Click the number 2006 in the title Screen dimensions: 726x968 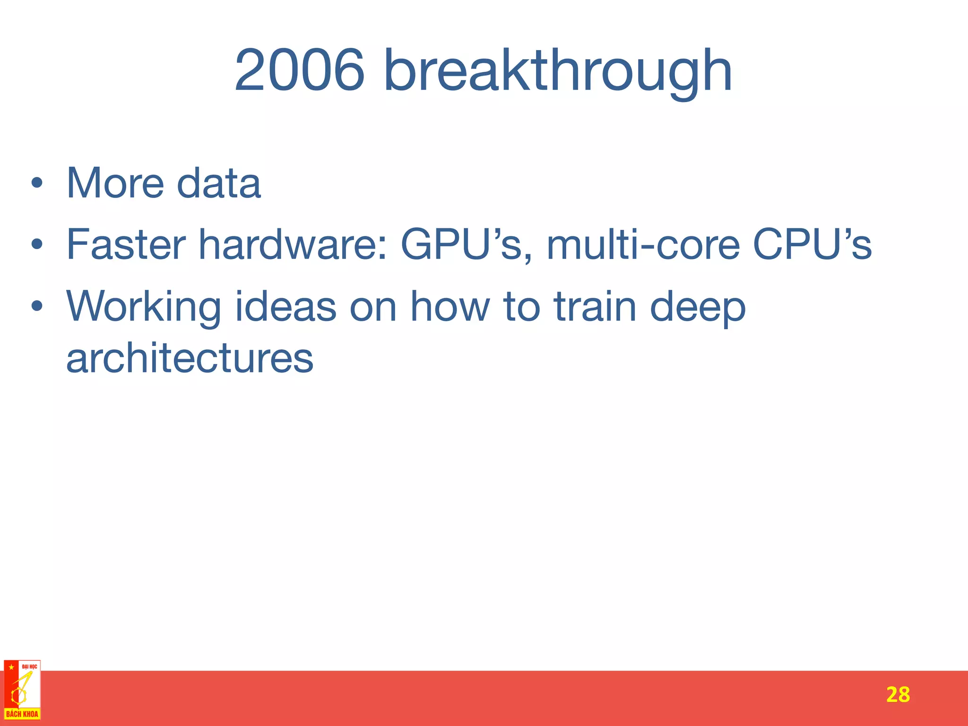tap(300, 71)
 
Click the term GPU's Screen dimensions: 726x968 tap(467, 244)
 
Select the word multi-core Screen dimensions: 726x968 tap(643, 244)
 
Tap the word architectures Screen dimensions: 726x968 tap(190, 358)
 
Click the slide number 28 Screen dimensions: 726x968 tap(898, 695)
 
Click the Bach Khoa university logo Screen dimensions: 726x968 tap(22, 690)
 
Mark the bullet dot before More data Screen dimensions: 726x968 tap(37, 183)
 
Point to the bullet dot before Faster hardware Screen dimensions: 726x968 tap(37, 245)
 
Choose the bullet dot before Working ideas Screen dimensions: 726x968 tap(37, 307)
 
